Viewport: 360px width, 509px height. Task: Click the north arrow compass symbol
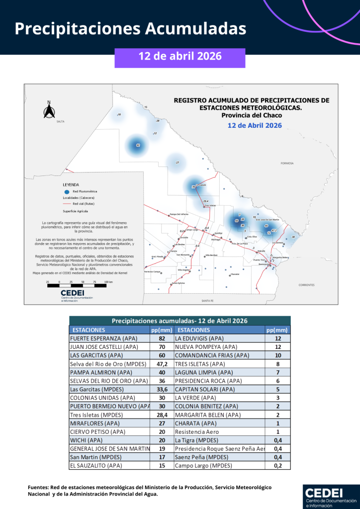[x=49, y=111]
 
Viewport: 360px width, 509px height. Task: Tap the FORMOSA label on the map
[x=287, y=163]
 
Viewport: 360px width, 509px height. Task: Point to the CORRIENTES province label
[x=306, y=285]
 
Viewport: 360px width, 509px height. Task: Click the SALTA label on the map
[x=60, y=121]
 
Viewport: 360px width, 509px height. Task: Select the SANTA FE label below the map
[x=207, y=301]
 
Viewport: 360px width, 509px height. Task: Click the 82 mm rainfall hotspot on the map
[x=138, y=145]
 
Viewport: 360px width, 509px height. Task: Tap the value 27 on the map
[x=178, y=163]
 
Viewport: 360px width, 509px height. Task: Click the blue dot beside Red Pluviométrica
[x=66, y=191]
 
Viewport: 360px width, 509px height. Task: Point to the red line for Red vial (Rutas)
[x=66, y=204]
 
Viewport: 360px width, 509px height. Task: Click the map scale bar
[x=77, y=285]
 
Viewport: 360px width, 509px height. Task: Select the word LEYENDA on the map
[x=71, y=184]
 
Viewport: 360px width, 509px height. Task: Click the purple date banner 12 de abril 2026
[x=180, y=56]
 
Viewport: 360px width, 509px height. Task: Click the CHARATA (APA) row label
[x=196, y=424]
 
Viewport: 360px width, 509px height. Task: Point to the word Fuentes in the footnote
[x=38, y=487]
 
